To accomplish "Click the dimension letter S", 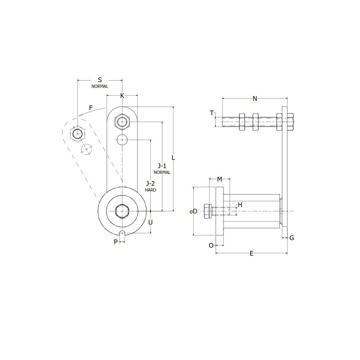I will (100, 79).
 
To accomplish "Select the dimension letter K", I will (122, 95).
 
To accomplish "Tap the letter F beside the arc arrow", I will (91, 108).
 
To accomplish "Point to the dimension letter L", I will (173, 157).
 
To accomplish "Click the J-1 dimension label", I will (162, 166).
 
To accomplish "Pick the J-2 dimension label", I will (150, 184).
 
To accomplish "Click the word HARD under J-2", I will (150, 190).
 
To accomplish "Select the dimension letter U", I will (150, 222).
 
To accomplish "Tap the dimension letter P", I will (116, 242).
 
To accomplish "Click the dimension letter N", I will (255, 98).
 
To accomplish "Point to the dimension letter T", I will (212, 113).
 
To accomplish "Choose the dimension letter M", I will (219, 179).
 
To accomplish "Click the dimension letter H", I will (240, 205).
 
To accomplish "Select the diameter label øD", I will (194, 211).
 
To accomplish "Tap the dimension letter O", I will (211, 245).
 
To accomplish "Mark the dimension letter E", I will (252, 253).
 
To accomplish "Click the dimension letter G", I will (292, 238).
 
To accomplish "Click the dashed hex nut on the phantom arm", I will (77, 134).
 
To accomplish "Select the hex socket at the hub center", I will (122, 211).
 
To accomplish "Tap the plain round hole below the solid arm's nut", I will (122, 139).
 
